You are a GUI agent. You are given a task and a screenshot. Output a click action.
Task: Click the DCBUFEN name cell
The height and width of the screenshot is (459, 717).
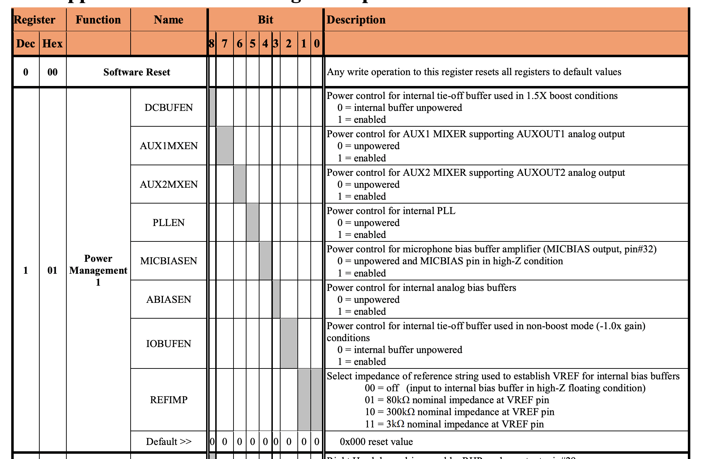[x=169, y=107]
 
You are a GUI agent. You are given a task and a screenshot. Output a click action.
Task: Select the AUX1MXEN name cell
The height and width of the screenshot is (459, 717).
[x=169, y=146]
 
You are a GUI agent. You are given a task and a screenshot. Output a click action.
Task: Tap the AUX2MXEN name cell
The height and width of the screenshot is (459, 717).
[x=169, y=184]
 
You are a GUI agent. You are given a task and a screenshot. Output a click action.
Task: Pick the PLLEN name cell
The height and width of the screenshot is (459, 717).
[x=169, y=222]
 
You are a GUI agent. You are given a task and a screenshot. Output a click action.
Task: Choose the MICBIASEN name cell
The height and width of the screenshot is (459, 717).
[x=169, y=261]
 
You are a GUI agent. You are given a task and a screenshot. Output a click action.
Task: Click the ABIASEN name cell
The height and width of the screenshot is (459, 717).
[x=169, y=299]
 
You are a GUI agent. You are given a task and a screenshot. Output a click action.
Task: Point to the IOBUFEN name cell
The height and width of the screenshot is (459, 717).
[x=169, y=344]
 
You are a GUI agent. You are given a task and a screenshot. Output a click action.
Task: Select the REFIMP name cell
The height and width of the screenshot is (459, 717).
[x=169, y=400]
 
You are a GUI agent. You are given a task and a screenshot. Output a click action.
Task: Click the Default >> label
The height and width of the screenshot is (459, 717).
[x=169, y=441]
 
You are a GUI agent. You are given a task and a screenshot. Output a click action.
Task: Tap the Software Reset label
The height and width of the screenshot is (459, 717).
[x=137, y=72]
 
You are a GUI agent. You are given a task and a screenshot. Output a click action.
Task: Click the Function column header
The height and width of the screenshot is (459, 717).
[x=98, y=20]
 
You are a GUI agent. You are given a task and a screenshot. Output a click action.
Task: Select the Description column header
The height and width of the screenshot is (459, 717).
[x=356, y=20]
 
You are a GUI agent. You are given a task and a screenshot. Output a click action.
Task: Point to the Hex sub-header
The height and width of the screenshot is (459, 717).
[x=52, y=44]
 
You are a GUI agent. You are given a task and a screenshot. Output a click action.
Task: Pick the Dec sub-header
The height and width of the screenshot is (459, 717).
[x=26, y=44]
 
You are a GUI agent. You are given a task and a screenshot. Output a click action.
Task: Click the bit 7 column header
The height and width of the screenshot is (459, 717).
[x=225, y=44]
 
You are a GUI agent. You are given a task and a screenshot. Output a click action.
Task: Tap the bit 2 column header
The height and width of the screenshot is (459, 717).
[x=289, y=44]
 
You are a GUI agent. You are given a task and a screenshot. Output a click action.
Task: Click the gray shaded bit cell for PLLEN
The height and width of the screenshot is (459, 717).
[x=252, y=222]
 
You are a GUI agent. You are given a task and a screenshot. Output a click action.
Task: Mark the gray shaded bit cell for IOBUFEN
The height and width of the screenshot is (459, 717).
[x=289, y=344]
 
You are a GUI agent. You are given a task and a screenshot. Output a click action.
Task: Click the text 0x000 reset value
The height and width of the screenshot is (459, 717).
[x=376, y=441]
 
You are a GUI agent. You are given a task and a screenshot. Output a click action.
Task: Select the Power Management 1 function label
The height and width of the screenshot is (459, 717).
[x=98, y=270]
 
